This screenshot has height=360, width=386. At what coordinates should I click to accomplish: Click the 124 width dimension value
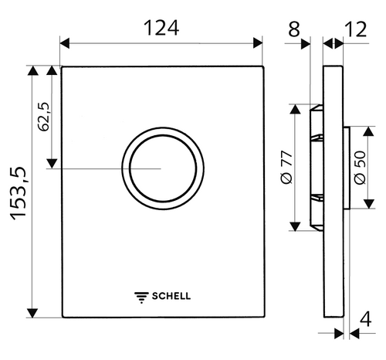[162, 28]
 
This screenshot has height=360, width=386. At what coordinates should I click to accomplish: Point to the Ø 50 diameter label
[360, 168]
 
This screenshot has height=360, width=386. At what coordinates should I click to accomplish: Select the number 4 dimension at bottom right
[367, 318]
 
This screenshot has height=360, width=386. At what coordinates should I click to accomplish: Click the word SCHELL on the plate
[172, 294]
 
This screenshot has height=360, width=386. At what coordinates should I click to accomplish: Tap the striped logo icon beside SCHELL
[141, 294]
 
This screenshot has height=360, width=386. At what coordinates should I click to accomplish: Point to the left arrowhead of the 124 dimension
[65, 43]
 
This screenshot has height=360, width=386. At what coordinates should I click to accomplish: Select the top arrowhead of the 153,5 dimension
[32, 72]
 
